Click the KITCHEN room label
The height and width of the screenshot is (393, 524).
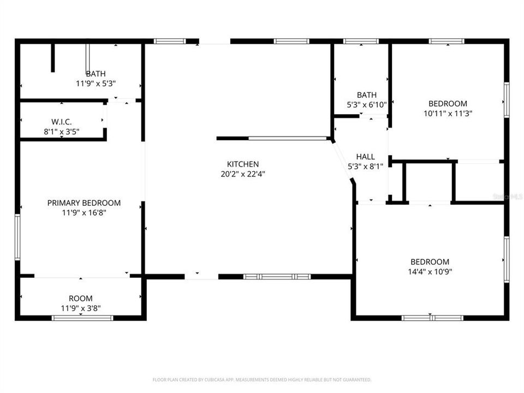[243, 164]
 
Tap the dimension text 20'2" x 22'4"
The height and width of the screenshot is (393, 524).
[243, 174]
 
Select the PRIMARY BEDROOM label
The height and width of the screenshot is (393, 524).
[84, 203]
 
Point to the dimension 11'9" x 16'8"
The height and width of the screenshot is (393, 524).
[84, 213]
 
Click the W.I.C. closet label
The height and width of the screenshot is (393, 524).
[62, 121]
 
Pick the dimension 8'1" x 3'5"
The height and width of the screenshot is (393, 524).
[62, 131]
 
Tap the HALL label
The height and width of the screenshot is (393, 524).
[365, 157]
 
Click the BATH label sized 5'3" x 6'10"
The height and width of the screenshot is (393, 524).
[367, 95]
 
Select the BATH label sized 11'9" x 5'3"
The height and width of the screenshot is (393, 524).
[96, 74]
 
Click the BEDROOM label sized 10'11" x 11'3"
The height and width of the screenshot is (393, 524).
[448, 104]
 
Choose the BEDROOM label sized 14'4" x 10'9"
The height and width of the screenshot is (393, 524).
[430, 261]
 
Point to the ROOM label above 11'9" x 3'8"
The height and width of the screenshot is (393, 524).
[80, 298]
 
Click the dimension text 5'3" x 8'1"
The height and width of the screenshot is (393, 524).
[365, 167]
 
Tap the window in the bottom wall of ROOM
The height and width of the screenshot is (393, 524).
[82, 317]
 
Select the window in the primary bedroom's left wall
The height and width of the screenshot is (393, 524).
[17, 237]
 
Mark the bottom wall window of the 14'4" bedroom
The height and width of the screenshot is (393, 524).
[432, 318]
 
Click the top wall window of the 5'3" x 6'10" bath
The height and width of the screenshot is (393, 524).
[361, 41]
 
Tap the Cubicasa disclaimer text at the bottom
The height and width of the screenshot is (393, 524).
[262, 379]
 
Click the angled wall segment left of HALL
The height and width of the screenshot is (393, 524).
[342, 162]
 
